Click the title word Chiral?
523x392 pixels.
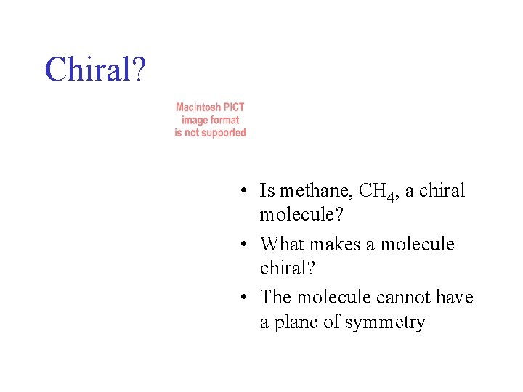point(95,69)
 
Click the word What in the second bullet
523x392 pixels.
point(284,244)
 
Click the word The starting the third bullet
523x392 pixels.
point(275,298)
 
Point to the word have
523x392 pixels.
point(455,298)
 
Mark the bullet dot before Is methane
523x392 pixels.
point(248,192)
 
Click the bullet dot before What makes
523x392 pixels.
point(248,245)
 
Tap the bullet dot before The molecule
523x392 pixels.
point(248,298)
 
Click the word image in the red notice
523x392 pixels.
point(195,120)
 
